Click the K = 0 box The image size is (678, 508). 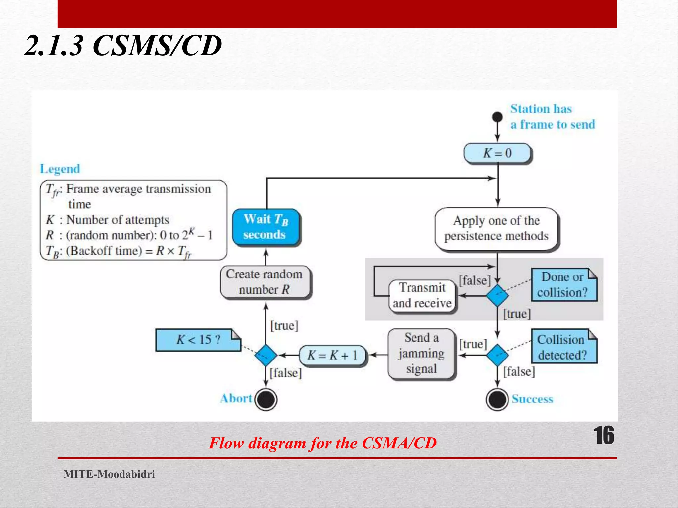497,153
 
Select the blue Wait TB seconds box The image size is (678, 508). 266,227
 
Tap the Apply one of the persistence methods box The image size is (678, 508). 496,228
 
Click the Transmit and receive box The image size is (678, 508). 422,295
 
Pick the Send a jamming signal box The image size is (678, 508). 421,353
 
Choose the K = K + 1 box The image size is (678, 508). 332,355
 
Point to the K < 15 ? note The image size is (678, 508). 198,340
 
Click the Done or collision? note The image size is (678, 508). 563,284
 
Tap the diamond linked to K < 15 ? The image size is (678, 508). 266,355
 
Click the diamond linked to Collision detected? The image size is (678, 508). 497,355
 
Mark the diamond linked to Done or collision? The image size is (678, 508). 497,295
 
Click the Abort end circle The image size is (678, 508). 266,400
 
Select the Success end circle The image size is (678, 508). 497,400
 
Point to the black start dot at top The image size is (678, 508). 497,117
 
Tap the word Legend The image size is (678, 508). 60,169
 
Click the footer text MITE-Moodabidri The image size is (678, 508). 109,474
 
